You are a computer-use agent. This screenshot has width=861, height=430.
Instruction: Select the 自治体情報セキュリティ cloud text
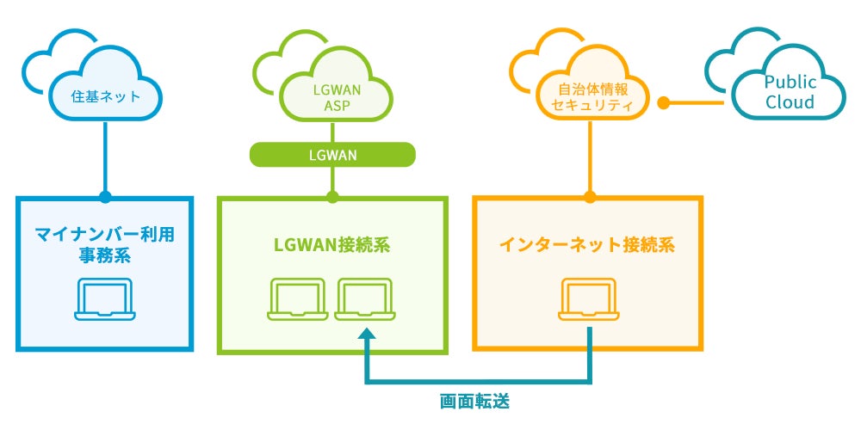click(x=590, y=96)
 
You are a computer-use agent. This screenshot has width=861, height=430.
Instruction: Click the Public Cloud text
click(x=789, y=93)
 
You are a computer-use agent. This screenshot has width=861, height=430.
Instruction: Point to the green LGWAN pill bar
click(x=332, y=155)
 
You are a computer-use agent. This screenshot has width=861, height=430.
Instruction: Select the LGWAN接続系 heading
click(x=332, y=244)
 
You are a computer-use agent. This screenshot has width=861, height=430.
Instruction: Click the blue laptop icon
click(x=104, y=298)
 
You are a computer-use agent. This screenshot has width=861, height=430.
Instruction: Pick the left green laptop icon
click(x=297, y=298)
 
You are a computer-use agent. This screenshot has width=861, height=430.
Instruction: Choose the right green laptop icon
click(x=364, y=298)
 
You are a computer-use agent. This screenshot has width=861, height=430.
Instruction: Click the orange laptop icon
click(x=590, y=298)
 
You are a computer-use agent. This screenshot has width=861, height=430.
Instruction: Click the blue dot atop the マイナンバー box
click(x=105, y=197)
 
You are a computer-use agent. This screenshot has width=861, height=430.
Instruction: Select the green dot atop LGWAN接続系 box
click(x=332, y=197)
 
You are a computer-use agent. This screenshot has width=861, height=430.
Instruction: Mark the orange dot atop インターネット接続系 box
click(x=590, y=197)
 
